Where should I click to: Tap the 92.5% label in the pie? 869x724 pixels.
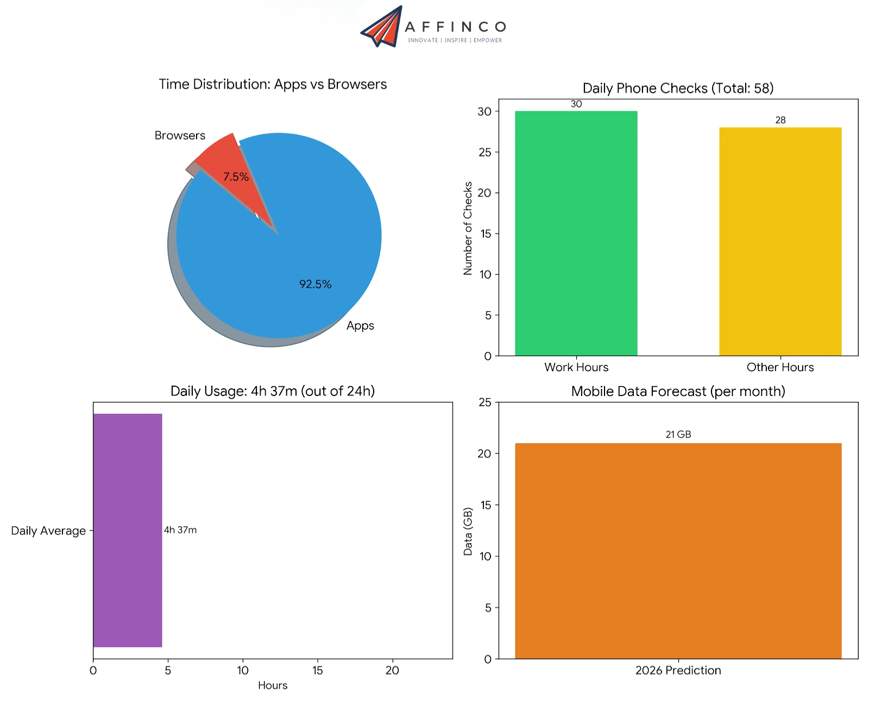pyautogui.click(x=315, y=284)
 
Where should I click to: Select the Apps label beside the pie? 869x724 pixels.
pyautogui.click(x=360, y=325)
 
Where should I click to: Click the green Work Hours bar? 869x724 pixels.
pyautogui.click(x=576, y=234)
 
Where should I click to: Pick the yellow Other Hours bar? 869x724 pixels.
pyautogui.click(x=780, y=242)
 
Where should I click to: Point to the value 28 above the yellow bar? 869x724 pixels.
pyautogui.click(x=780, y=120)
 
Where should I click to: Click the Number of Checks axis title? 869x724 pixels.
pyautogui.click(x=468, y=228)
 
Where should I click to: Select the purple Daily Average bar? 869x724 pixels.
pyautogui.click(x=128, y=530)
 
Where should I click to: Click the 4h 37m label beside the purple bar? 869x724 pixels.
pyautogui.click(x=180, y=530)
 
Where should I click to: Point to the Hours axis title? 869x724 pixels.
pyautogui.click(x=273, y=685)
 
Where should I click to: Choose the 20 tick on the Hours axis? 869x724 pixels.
pyautogui.click(x=392, y=670)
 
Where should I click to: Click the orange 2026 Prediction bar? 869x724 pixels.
pyautogui.click(x=678, y=551)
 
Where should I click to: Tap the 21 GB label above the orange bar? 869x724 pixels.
pyautogui.click(x=678, y=435)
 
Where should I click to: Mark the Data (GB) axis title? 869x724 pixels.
pyautogui.click(x=468, y=531)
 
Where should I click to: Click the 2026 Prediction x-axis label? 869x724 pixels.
pyautogui.click(x=678, y=670)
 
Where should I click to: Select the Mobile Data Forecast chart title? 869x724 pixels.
pyautogui.click(x=678, y=391)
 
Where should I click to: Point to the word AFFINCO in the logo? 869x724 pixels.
pyautogui.click(x=455, y=27)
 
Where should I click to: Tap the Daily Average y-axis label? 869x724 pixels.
pyautogui.click(x=48, y=531)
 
